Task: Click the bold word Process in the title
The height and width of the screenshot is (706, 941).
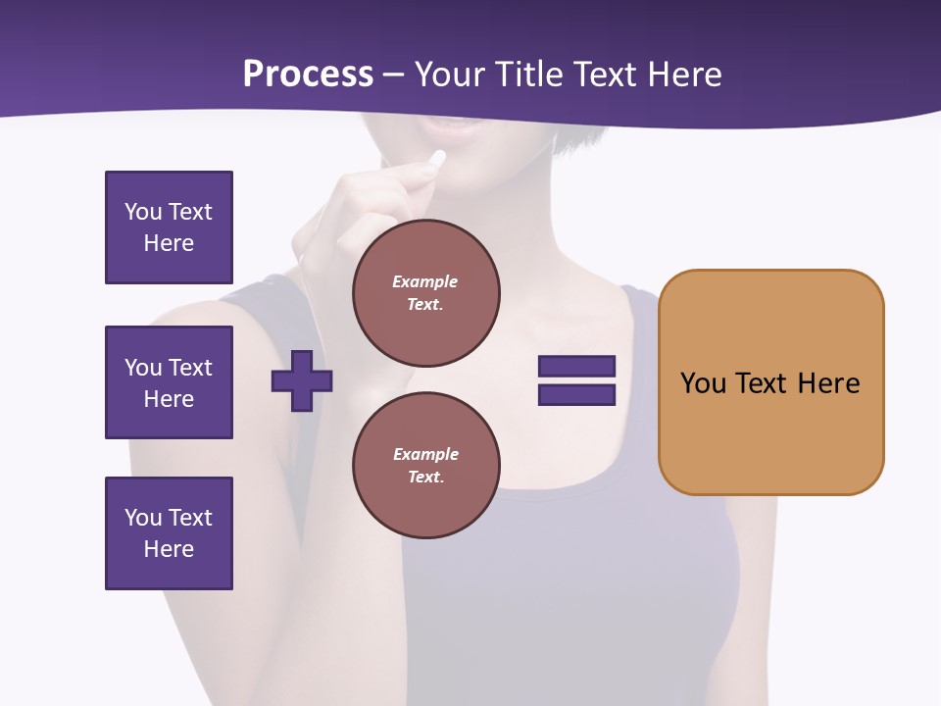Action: coord(308,75)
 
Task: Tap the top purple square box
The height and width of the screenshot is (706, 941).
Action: coord(169,227)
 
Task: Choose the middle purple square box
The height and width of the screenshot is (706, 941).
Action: coord(169,382)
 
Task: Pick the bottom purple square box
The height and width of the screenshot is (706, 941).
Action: coord(169,533)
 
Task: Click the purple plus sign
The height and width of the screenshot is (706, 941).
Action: coord(302,380)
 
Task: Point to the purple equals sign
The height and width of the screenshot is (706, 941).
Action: coord(576,380)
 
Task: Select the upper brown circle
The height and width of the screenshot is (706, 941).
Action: coord(426,293)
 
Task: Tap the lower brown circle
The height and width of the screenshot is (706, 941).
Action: coord(426,466)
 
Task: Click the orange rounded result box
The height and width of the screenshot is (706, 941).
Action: coord(770,382)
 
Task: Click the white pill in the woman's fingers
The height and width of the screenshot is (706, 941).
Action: coord(437,158)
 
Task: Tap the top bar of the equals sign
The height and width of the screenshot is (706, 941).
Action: coord(576,367)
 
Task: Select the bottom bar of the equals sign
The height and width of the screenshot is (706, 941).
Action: coord(576,395)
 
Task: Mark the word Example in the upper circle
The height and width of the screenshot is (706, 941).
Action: coord(425,281)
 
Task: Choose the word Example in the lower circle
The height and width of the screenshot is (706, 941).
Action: coord(425,454)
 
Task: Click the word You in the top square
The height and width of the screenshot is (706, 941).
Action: coord(142,212)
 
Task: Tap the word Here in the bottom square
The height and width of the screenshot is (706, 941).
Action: coord(169,549)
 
